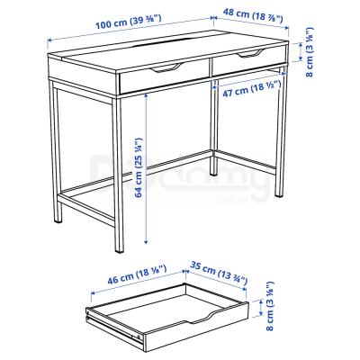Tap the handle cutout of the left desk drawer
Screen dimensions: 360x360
[166, 69]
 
